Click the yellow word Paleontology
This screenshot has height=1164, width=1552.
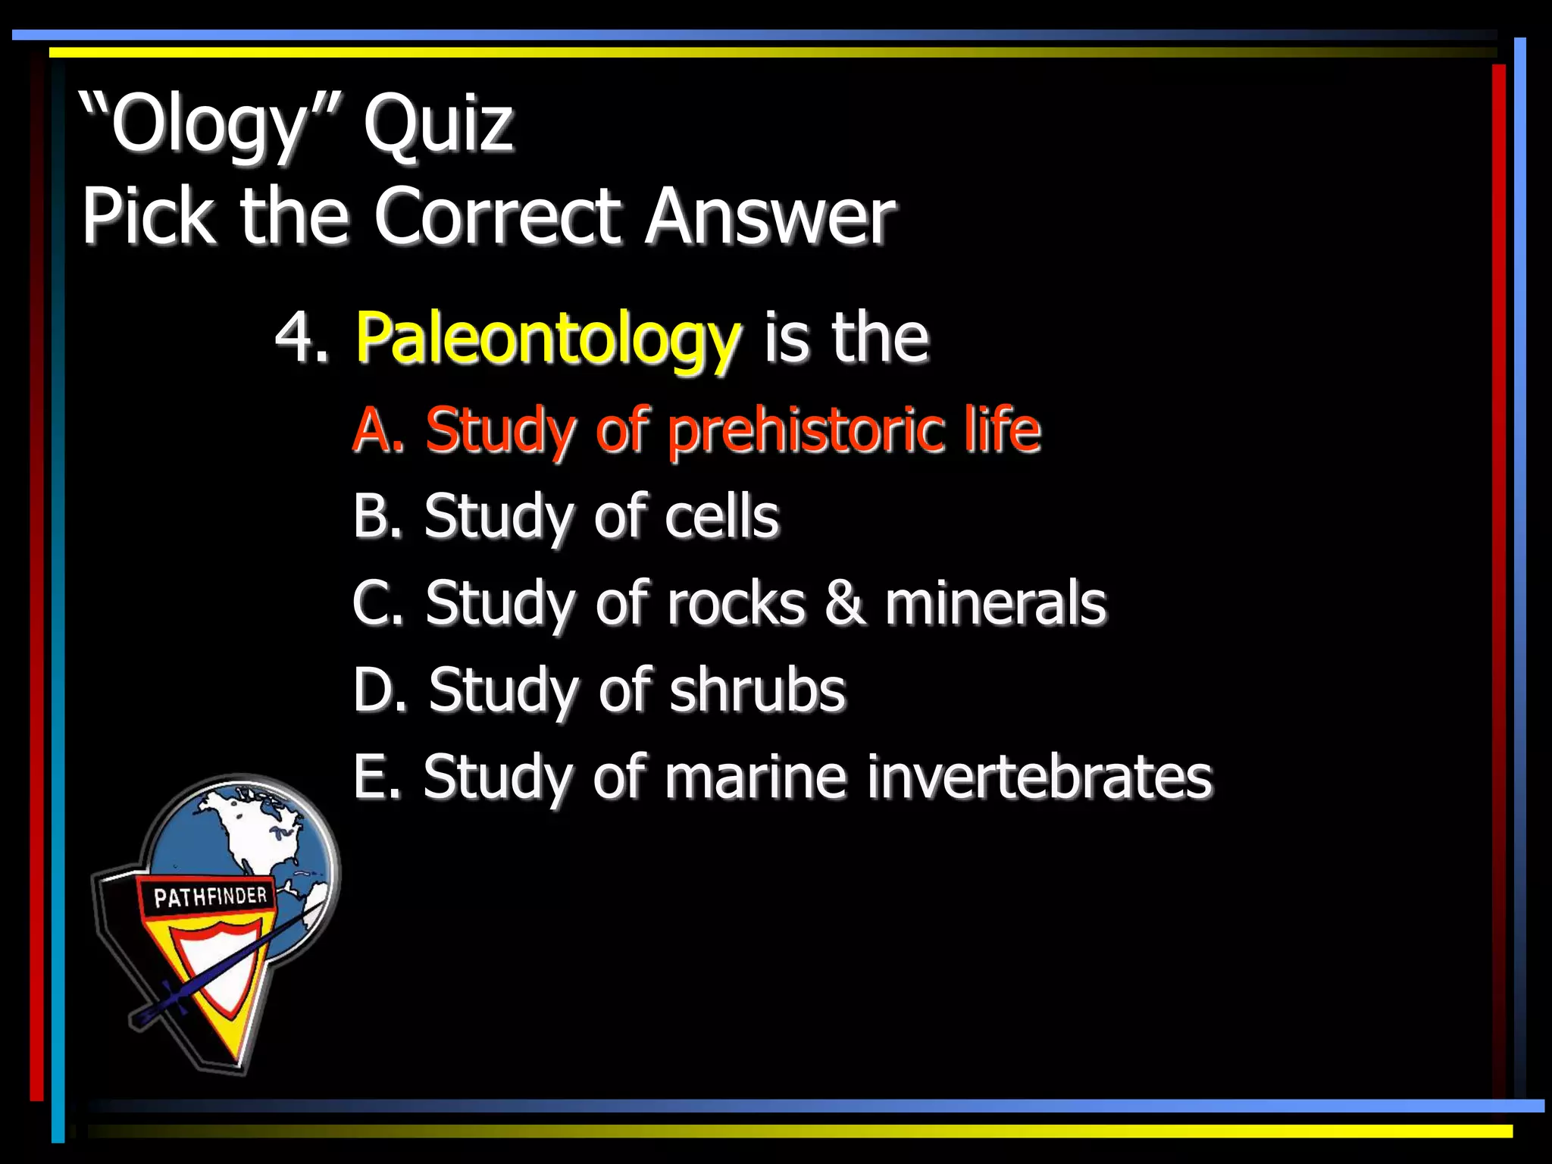(x=547, y=339)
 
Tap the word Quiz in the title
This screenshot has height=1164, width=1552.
(x=438, y=124)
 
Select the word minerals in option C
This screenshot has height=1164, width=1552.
(x=995, y=603)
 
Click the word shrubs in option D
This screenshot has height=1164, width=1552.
(x=757, y=690)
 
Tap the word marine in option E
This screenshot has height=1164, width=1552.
(x=756, y=777)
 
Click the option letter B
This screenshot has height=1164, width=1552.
(x=377, y=517)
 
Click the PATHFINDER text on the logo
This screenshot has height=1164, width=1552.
(x=210, y=897)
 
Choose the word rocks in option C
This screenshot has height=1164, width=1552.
(x=736, y=603)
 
